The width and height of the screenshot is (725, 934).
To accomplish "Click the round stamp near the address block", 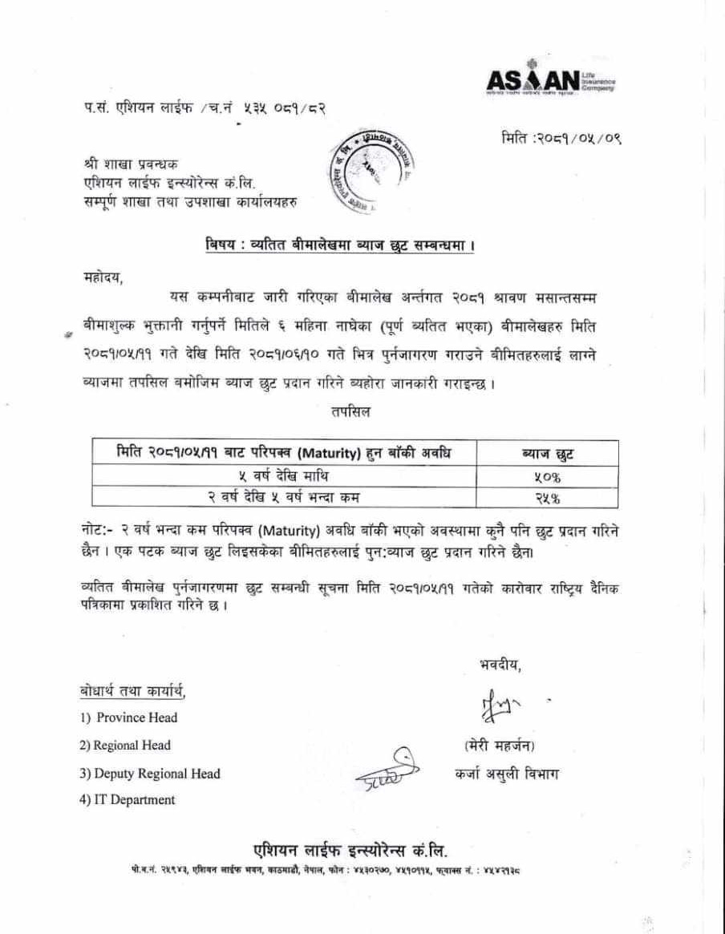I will pyautogui.click(x=370, y=173).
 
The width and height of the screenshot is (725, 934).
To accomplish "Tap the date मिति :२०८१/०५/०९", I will pyautogui.click(x=559, y=138).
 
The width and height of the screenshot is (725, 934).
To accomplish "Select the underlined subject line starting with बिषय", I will pyautogui.click(x=338, y=243).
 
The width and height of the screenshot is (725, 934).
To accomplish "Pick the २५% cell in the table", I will pyautogui.click(x=547, y=498).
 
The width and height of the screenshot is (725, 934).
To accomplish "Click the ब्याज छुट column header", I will pyautogui.click(x=547, y=454).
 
